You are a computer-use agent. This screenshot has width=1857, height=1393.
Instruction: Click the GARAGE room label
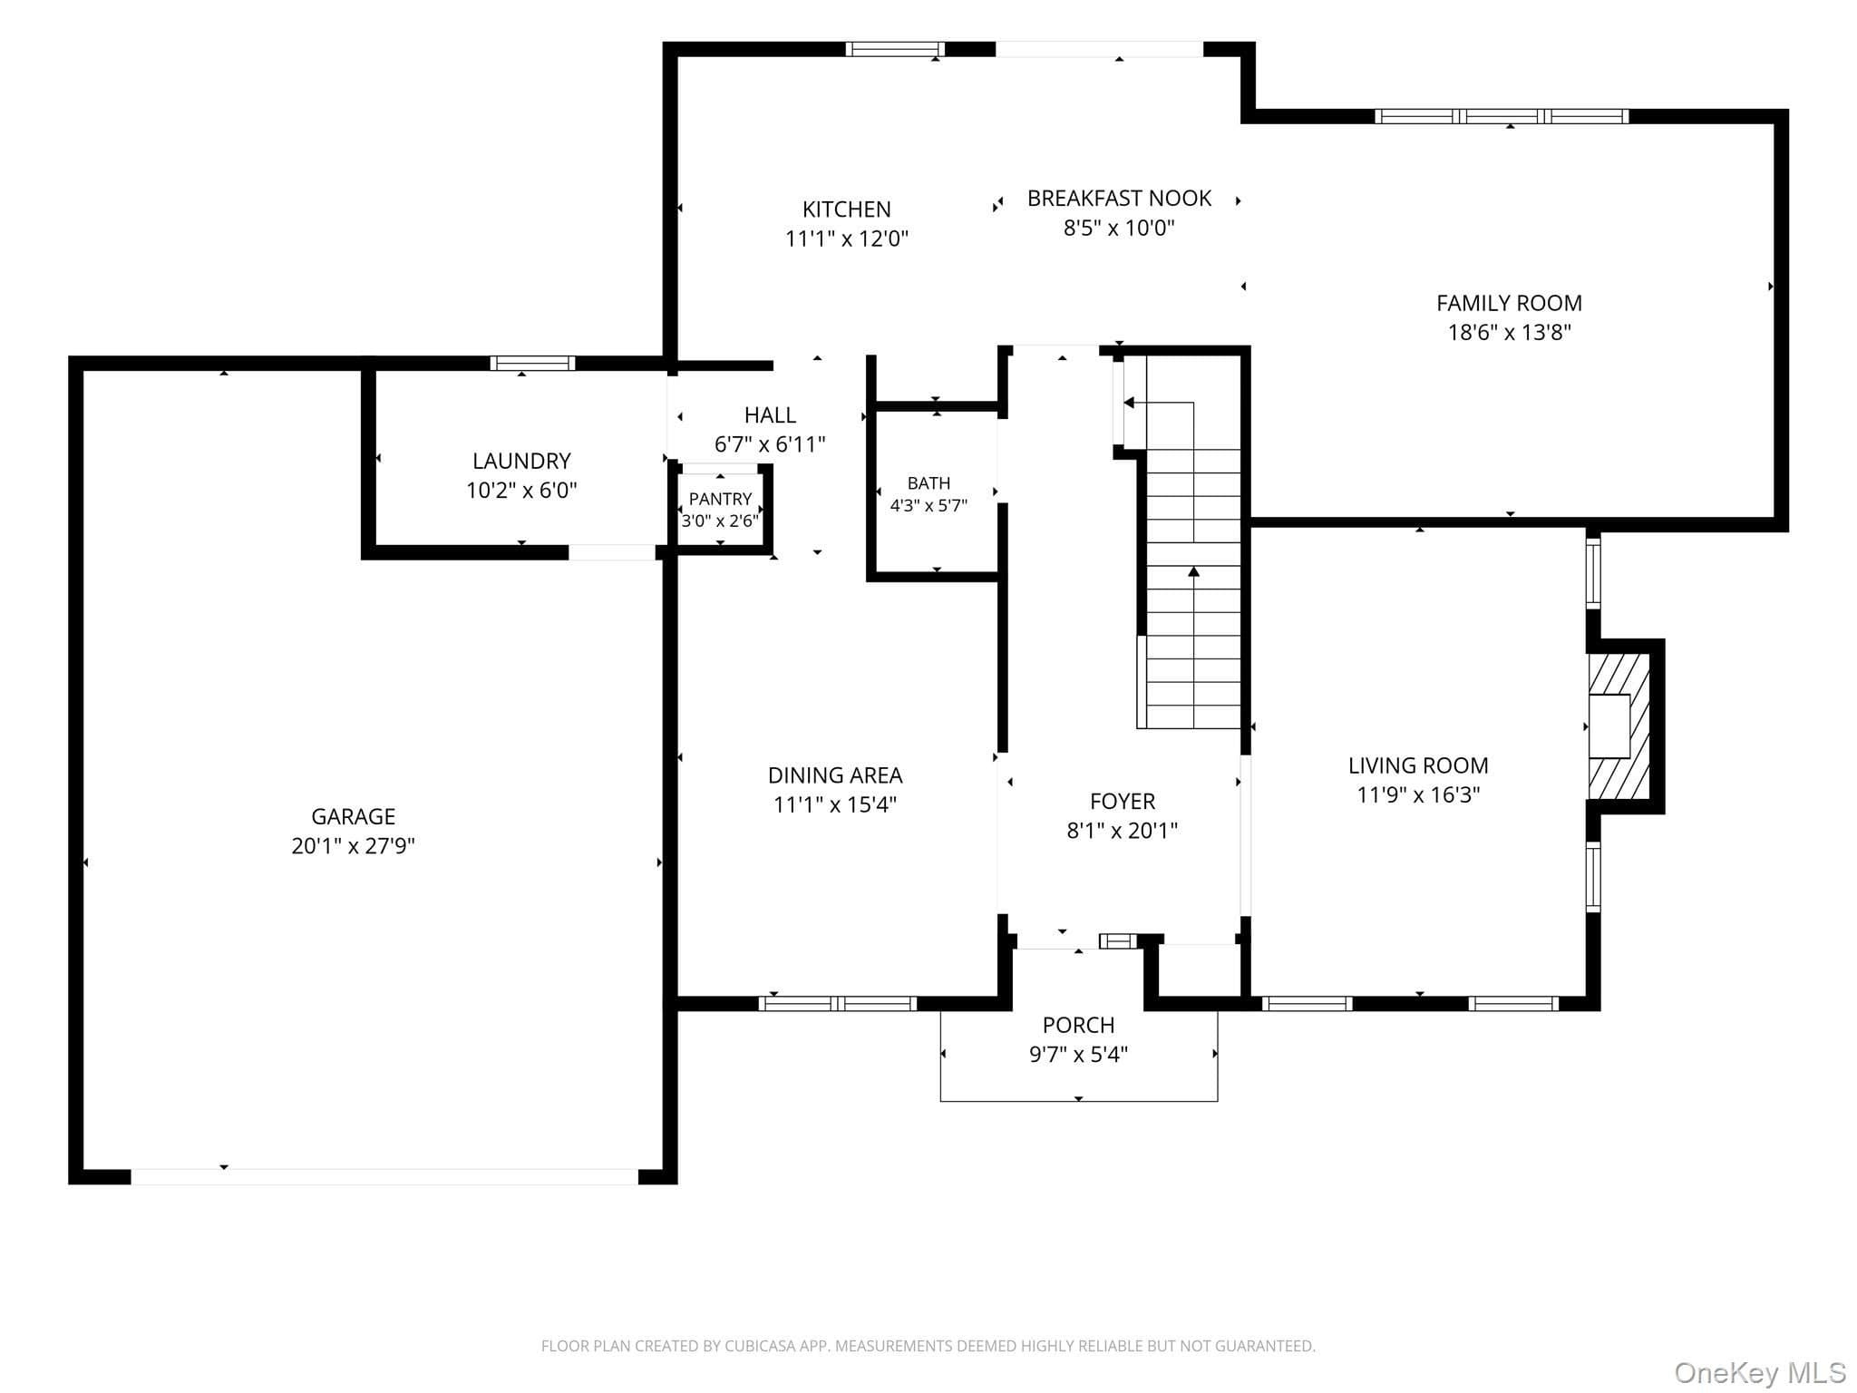pos(353,816)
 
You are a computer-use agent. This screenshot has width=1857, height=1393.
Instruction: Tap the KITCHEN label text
pos(847,209)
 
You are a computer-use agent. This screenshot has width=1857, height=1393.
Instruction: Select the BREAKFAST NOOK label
pos(1119,199)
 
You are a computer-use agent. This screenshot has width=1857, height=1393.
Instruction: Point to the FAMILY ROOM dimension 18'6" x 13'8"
pos(1509,332)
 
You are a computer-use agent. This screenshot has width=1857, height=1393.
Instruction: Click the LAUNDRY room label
pos(521,461)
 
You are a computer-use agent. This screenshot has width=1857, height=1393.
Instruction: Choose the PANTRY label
pos(720,499)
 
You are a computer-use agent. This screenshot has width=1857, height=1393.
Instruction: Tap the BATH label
pos(928,483)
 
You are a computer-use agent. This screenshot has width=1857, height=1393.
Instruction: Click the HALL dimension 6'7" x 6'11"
pos(770,444)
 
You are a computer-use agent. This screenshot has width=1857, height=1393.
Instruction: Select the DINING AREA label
pos(835,775)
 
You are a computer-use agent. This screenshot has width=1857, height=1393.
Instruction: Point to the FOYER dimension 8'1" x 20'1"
pos(1123,830)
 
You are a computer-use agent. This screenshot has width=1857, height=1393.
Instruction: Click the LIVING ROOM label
pos(1418,765)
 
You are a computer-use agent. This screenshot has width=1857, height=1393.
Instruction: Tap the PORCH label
pos(1078,1025)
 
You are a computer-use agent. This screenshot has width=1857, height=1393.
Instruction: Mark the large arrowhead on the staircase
pos(1193,571)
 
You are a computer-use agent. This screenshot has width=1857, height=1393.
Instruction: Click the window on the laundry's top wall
pos(532,364)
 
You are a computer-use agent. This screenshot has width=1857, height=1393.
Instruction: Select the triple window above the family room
pos(1502,116)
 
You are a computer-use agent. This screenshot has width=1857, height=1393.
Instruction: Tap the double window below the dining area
pos(838,1004)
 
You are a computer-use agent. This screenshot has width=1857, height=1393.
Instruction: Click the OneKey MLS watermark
pos(1760,1373)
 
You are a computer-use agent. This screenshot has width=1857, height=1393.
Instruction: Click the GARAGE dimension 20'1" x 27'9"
pos(353,846)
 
